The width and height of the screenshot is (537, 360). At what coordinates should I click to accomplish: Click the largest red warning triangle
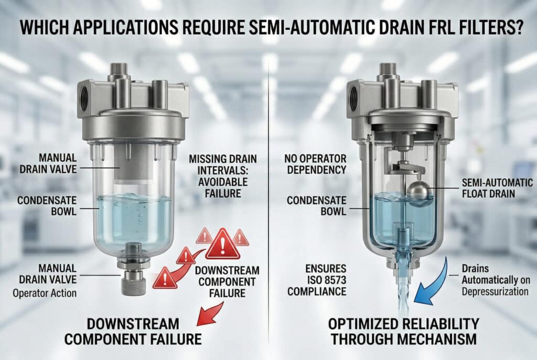(222, 244)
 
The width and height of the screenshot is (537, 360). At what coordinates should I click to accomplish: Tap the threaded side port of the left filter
(83, 97)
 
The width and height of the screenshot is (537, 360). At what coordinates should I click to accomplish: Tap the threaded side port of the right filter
(353, 97)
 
